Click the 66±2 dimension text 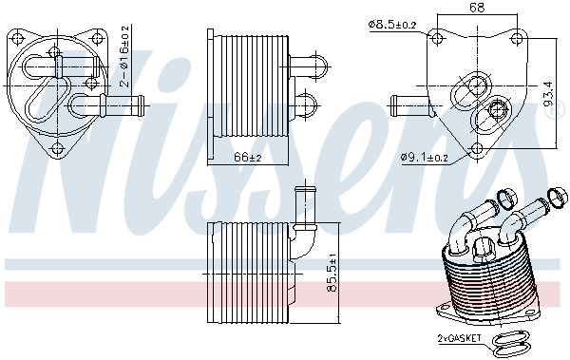248,157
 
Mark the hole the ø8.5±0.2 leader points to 437,38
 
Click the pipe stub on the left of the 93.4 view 402,102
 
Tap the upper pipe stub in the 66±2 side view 305,65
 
